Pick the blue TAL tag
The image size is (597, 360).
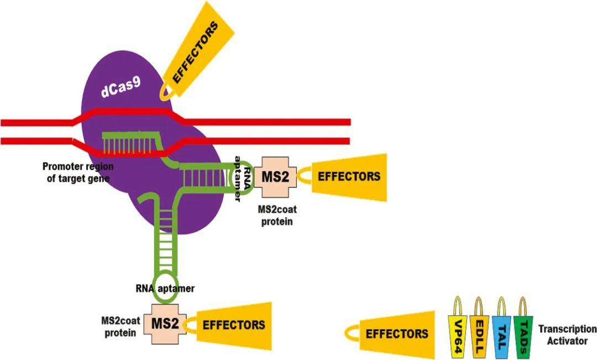[501, 332]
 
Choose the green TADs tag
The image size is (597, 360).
[523, 332]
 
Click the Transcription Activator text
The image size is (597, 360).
[567, 335]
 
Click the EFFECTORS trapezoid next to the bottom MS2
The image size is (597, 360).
[233, 325]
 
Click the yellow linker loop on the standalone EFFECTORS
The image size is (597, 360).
[351, 333]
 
